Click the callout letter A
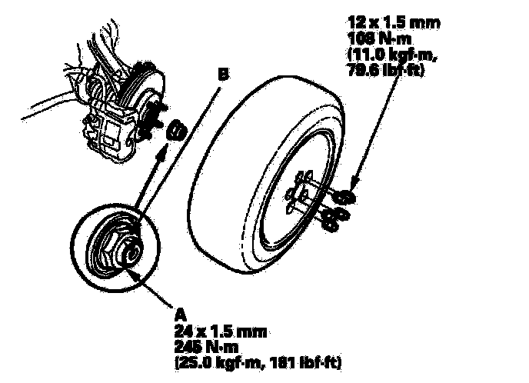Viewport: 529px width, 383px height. point(181,314)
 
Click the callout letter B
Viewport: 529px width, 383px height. point(222,75)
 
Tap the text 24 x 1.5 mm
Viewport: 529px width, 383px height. point(221,331)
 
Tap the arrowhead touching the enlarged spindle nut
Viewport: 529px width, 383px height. point(131,270)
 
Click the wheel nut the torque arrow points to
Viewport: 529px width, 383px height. point(345,196)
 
